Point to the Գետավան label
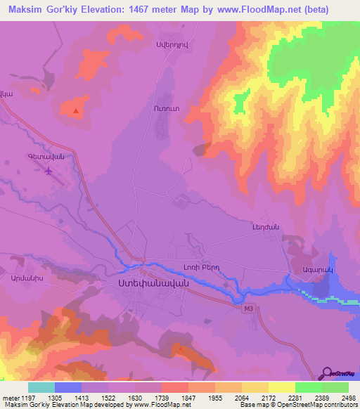click(x=46, y=157)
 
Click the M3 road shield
click(x=247, y=307)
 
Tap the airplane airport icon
click(x=48, y=171)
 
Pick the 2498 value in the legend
click(x=340, y=398)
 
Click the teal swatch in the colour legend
click(x=41, y=387)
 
